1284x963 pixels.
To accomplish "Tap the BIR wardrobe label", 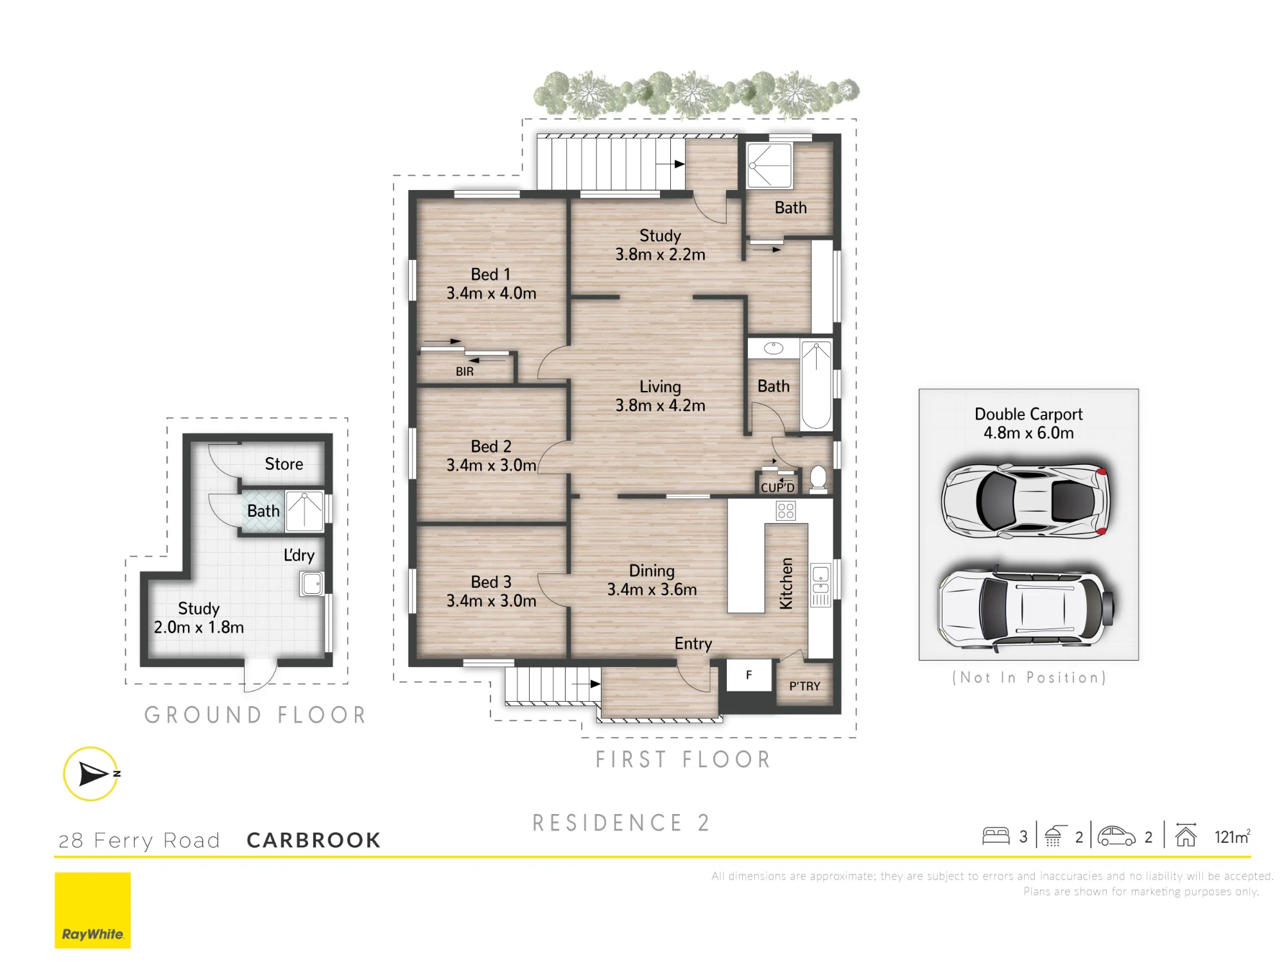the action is pyautogui.click(x=465, y=372).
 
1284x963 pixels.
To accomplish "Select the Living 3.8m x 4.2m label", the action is pyautogui.click(x=660, y=396).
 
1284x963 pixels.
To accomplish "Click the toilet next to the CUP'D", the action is pyautogui.click(x=818, y=480).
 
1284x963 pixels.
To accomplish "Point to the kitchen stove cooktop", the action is pyautogui.click(x=786, y=511).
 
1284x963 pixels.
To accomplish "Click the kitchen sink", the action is pyautogui.click(x=820, y=580).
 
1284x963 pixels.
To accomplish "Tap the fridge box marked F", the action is pyautogui.click(x=749, y=675).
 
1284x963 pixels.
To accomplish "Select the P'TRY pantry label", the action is pyautogui.click(x=804, y=686).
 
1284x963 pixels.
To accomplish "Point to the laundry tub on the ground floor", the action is pyautogui.click(x=312, y=584).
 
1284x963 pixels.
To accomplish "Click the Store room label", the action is pyautogui.click(x=284, y=464).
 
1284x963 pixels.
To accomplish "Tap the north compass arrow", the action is pyautogui.click(x=93, y=774).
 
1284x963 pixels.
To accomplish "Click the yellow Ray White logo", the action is pyautogui.click(x=92, y=910).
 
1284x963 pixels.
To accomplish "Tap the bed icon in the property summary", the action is pyautogui.click(x=996, y=836).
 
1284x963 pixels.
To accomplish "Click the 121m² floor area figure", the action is pyautogui.click(x=1232, y=837).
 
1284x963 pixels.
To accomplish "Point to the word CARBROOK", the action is pyautogui.click(x=314, y=840).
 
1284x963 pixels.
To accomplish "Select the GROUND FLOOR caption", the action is pyautogui.click(x=256, y=715).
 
